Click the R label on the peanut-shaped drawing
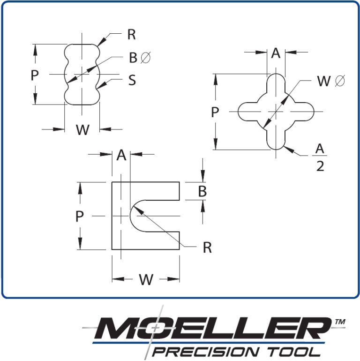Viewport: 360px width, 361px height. point(132,35)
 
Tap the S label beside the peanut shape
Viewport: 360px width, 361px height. point(132,80)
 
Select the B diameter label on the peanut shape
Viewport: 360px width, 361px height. point(140,58)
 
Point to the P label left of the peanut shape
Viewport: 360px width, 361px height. point(35,75)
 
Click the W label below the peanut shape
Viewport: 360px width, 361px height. point(82,129)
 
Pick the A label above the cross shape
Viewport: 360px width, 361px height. point(276,53)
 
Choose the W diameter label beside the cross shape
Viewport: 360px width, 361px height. point(331,81)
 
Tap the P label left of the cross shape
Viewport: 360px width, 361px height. point(215,112)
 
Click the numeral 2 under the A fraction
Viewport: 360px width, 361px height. point(320,166)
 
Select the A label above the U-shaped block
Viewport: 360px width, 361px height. point(121,155)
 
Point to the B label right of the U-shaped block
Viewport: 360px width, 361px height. point(202,191)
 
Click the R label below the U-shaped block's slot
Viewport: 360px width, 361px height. point(207,248)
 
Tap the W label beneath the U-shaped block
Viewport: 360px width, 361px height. point(146,279)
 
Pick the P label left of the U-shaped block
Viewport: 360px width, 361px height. point(79,216)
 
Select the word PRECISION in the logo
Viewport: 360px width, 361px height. point(205,352)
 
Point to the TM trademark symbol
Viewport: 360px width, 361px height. point(340,322)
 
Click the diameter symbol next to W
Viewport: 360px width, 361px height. point(340,81)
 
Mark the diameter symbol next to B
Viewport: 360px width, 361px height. point(146,58)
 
